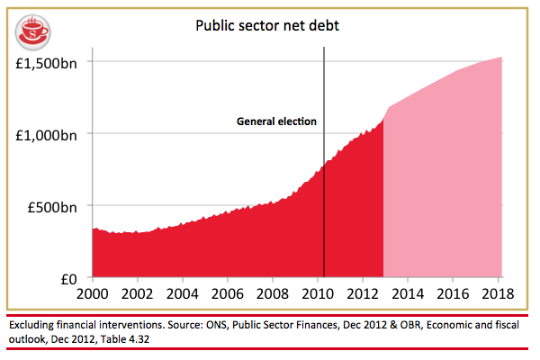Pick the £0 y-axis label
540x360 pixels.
(x=71, y=278)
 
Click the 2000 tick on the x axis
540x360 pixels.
(x=93, y=294)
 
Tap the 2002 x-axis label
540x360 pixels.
(x=138, y=294)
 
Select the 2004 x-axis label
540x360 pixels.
(x=184, y=294)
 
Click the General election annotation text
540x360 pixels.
(x=276, y=121)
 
